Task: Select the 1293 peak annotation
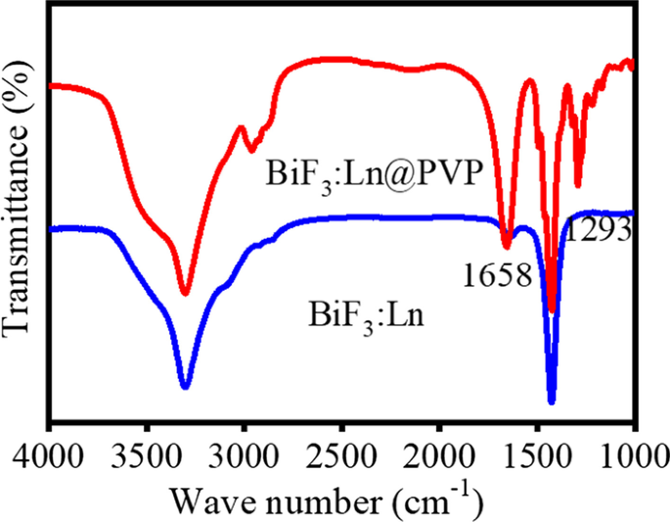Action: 595,232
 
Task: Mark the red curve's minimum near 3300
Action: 185,293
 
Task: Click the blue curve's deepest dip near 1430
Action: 552,401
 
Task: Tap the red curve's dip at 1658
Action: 507,245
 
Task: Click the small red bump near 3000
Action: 241,127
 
